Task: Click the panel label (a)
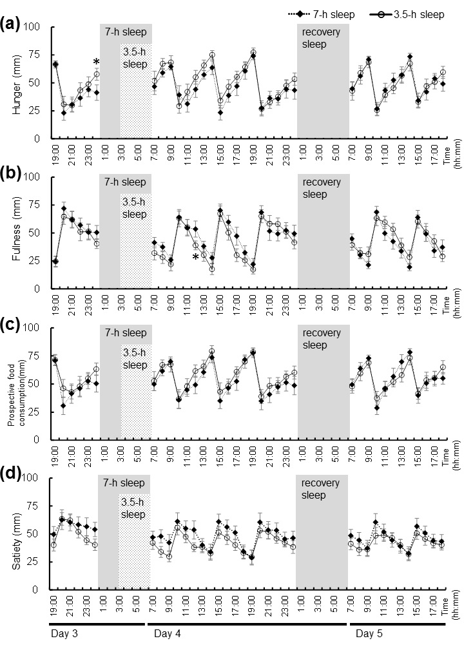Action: point(11,26)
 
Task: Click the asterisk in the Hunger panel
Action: point(96,62)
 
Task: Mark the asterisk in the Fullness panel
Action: point(195,258)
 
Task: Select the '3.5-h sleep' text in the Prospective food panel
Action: point(135,359)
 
